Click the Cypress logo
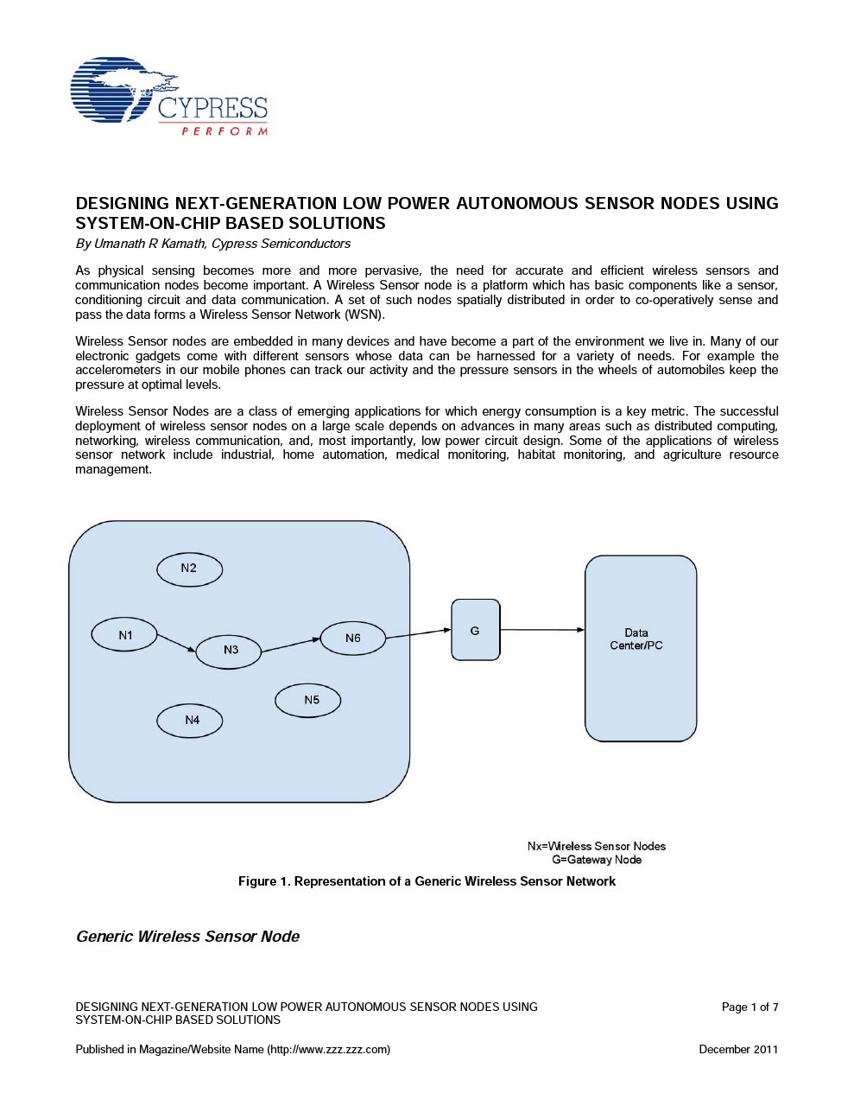point(169,96)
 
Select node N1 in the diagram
point(124,635)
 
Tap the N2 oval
point(189,569)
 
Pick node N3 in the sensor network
point(229,651)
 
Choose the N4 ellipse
point(190,721)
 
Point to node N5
point(308,701)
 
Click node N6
point(352,639)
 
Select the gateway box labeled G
point(475,630)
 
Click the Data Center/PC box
point(640,648)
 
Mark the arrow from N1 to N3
point(177,644)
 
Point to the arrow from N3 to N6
point(291,645)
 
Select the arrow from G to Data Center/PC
point(542,630)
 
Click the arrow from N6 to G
point(418,634)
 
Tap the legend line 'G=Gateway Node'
point(597,860)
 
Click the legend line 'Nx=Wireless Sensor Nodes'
point(597,846)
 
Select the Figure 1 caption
point(427,881)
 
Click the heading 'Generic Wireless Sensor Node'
point(187,937)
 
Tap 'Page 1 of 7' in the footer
point(750,1007)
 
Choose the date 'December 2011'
point(738,1049)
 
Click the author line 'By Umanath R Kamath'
point(212,244)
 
